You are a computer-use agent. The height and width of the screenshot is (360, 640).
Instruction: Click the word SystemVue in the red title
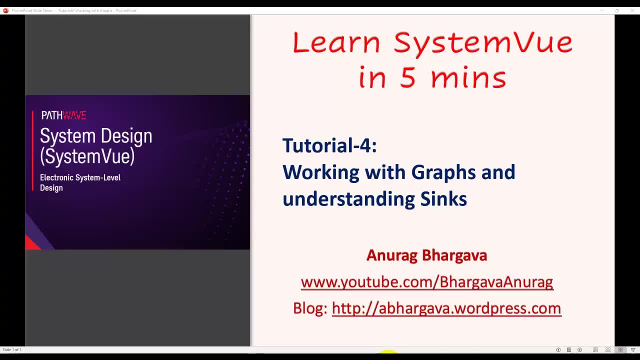(483, 43)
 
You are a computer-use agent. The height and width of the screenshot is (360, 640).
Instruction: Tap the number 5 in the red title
(408, 78)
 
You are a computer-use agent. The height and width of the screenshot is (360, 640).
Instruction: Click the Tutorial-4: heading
(329, 145)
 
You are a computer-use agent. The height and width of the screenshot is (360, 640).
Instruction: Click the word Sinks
(443, 199)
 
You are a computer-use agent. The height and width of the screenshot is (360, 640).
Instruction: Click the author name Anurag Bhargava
(426, 255)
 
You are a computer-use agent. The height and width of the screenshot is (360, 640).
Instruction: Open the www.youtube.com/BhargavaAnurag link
(426, 282)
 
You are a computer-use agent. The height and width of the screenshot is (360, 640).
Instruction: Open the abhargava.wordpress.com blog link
(446, 308)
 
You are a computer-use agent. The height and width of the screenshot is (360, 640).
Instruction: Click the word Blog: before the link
(309, 308)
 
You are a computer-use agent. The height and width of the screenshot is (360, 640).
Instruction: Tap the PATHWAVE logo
(63, 115)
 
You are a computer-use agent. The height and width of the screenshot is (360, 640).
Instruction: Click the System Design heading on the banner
(96, 136)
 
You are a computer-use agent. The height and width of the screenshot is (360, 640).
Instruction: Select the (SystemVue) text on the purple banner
(87, 156)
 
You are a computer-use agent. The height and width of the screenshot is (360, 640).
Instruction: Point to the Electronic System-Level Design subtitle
(80, 182)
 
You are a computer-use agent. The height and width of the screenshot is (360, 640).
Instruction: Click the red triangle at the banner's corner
(31, 243)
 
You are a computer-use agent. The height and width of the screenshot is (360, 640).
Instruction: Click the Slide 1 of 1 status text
(12, 349)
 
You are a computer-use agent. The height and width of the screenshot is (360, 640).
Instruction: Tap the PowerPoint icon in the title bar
(5, 10)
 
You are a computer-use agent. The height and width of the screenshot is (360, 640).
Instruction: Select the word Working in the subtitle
(320, 172)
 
